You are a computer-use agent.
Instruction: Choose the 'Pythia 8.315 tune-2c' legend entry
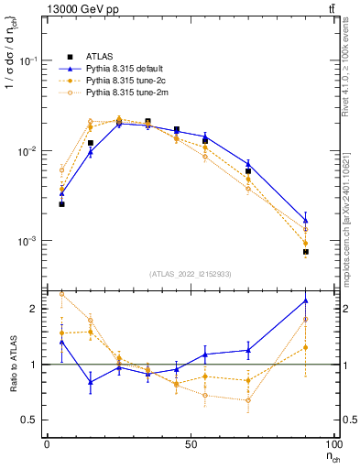click(126, 81)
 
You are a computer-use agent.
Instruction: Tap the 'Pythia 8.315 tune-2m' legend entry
click(126, 93)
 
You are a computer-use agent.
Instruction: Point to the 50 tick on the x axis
click(191, 443)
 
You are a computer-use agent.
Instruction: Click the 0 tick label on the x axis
click(47, 443)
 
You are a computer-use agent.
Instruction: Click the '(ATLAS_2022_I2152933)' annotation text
click(191, 274)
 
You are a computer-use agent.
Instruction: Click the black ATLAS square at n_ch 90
click(305, 251)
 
